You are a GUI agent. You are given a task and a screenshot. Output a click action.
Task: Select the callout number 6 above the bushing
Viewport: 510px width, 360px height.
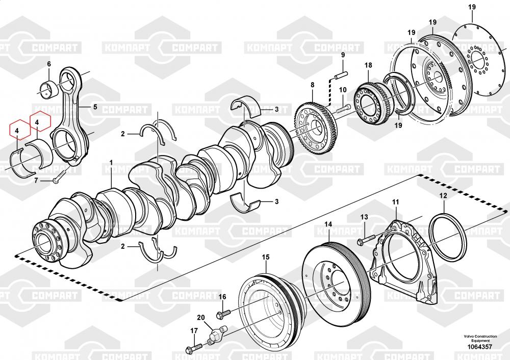[x=49, y=64]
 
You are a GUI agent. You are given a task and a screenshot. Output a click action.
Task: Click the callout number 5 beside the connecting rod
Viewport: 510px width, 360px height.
[x=94, y=107]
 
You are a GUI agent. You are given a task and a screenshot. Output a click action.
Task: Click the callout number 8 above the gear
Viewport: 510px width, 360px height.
[x=313, y=84]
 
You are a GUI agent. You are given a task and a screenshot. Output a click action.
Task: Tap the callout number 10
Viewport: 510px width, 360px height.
[x=343, y=90]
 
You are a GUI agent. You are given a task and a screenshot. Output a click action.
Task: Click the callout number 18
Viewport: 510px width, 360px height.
[x=368, y=65]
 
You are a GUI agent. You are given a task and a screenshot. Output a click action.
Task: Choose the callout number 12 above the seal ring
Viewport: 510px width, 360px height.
[x=443, y=195]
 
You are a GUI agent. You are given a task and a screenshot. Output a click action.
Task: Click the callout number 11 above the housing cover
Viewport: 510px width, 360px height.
[x=395, y=202]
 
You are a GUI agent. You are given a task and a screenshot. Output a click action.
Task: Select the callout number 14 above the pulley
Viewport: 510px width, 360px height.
[x=328, y=224]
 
